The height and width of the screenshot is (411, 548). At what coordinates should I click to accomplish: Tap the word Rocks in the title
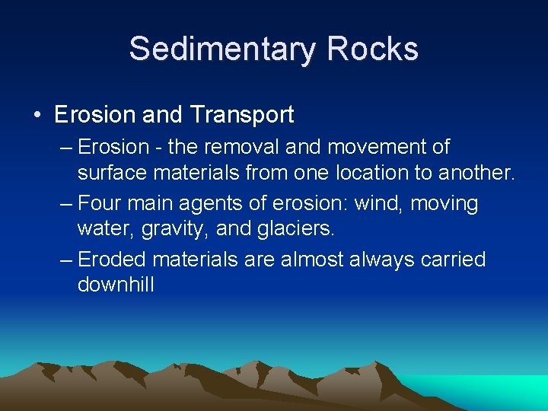(x=372, y=49)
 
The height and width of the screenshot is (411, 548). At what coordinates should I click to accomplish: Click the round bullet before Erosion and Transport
(x=37, y=116)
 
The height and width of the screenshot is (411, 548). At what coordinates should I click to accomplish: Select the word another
(x=476, y=174)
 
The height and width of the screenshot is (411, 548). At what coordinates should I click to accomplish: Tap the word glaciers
(x=288, y=229)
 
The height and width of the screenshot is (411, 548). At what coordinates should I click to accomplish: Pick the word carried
(x=453, y=260)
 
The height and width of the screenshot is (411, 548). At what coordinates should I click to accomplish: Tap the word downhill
(x=116, y=285)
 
